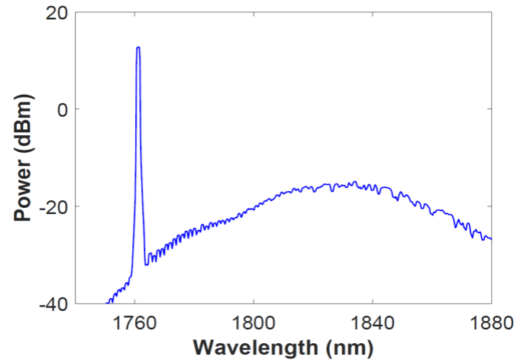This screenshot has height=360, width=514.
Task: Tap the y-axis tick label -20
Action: click(53, 207)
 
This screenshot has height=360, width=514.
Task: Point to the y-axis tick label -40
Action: click(53, 304)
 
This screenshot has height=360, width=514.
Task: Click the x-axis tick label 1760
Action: click(134, 323)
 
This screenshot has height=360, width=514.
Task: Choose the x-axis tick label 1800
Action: click(254, 323)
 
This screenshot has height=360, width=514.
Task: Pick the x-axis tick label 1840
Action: click(372, 323)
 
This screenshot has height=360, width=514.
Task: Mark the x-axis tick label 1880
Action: click(490, 323)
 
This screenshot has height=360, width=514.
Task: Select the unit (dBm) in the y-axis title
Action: click(23, 122)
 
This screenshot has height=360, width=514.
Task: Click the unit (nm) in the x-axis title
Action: click(350, 347)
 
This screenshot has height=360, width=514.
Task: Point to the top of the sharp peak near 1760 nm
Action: click(138, 47)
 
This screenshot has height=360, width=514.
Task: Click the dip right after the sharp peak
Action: click(146, 264)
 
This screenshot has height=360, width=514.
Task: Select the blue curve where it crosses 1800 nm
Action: click(254, 206)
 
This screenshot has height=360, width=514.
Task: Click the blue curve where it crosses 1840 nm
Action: click(372, 186)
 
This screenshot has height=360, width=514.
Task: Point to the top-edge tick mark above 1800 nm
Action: click(254, 15)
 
